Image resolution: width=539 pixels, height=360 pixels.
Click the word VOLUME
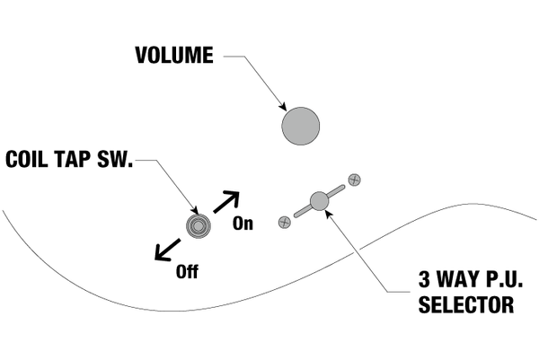point(174,56)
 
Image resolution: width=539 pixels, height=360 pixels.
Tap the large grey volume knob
point(300,126)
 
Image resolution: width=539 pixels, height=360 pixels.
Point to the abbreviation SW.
point(115,159)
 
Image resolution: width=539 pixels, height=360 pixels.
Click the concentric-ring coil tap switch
point(198,226)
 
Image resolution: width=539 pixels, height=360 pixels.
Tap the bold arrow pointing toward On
point(226,202)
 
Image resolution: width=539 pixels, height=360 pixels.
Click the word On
point(243,224)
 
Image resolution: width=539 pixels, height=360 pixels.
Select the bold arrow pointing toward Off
point(167,250)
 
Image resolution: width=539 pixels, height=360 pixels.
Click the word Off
point(187,271)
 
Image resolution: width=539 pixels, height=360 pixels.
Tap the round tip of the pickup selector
point(319,201)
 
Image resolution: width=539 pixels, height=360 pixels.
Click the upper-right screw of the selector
point(355,180)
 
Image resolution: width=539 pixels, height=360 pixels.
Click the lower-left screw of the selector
point(284,223)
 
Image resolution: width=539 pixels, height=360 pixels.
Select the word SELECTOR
point(466,304)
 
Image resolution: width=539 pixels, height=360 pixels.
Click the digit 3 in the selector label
point(424,279)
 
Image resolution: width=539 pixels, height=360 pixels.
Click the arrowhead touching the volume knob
point(283,107)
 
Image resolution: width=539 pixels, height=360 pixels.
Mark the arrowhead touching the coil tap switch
point(195,211)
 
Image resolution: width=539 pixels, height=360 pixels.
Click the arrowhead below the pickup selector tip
point(328,214)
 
